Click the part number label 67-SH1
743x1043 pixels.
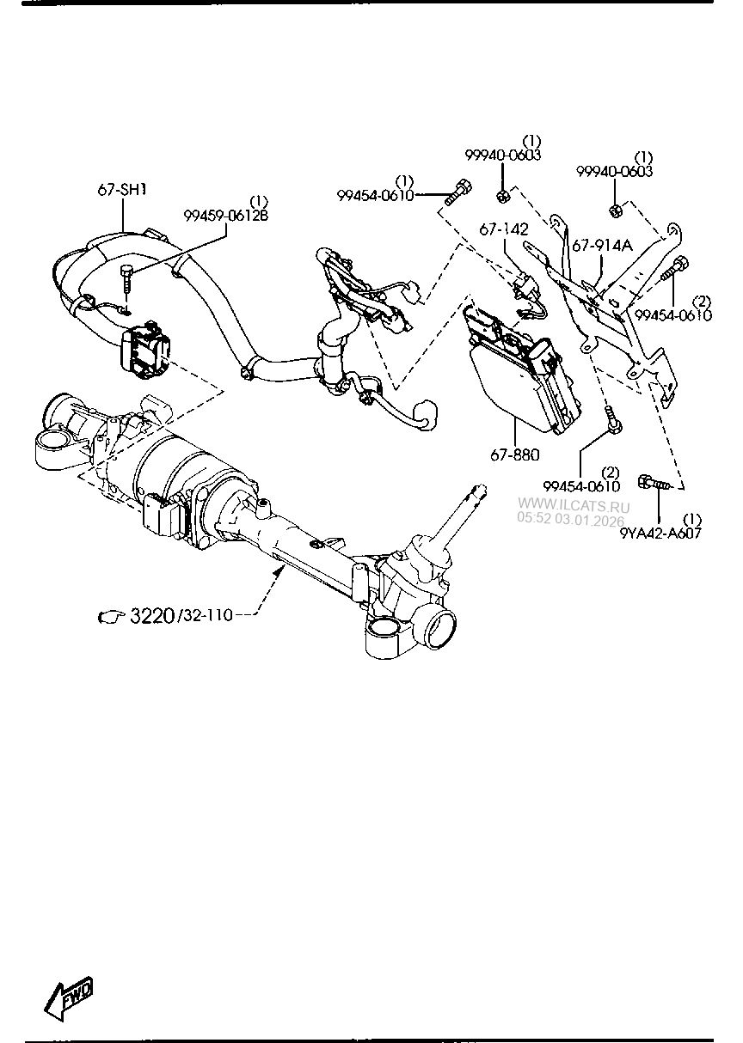coord(121,190)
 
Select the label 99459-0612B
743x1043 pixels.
coord(225,216)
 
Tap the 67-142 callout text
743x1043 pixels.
coord(504,230)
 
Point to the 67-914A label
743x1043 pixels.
coord(602,245)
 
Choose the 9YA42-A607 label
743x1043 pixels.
coord(660,533)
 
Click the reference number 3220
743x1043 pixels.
coord(151,615)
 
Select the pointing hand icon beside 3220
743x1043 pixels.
coord(113,616)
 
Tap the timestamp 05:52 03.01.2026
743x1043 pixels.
coord(571,519)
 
